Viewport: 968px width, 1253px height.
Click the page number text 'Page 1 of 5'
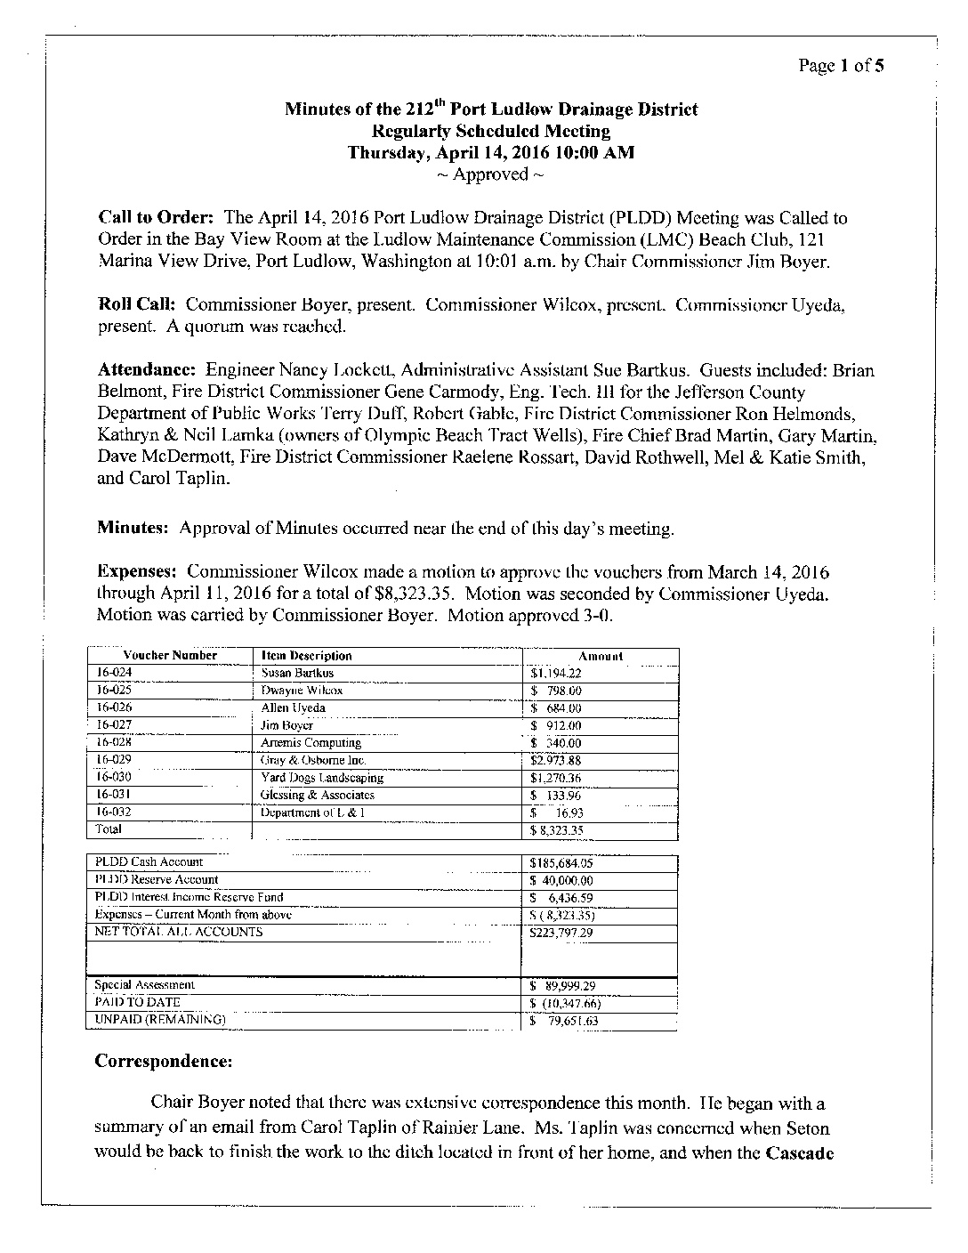(x=840, y=66)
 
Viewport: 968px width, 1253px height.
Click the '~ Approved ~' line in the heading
(x=490, y=174)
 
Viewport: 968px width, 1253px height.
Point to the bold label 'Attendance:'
(x=147, y=370)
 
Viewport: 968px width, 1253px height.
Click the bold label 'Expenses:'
(x=138, y=572)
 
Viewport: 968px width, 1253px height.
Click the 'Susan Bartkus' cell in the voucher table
(x=297, y=674)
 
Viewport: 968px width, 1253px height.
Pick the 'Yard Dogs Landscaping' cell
(x=321, y=778)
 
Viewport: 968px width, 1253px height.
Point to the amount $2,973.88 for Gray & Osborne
(x=555, y=761)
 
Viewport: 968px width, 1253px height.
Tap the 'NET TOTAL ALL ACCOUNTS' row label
(x=179, y=933)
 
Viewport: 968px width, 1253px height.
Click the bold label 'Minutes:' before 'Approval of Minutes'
(x=133, y=529)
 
